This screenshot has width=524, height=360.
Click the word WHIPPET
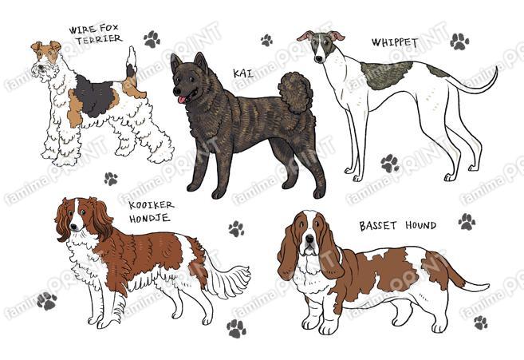click(x=395, y=42)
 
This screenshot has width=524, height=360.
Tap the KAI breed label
click(x=243, y=73)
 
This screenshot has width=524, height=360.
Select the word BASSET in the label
click(x=378, y=226)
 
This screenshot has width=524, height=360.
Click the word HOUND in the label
click(x=421, y=225)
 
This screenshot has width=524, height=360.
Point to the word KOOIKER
click(x=151, y=205)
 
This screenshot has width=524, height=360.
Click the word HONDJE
click(x=150, y=219)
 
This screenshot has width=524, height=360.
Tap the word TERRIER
click(x=99, y=39)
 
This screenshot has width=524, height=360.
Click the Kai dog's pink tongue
click(x=182, y=99)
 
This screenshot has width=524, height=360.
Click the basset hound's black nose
click(x=309, y=239)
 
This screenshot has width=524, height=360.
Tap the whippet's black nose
click(x=318, y=59)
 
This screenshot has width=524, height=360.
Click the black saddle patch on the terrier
click(x=95, y=95)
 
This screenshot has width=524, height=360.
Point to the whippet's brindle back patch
click(x=387, y=75)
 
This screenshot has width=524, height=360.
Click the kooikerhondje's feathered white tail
click(x=229, y=279)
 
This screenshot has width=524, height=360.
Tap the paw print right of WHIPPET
click(x=459, y=42)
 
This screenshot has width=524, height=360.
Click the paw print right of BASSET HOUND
click(x=467, y=221)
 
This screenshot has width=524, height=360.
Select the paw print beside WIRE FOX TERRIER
click(x=152, y=39)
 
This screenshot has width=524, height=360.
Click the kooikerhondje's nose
click(x=73, y=227)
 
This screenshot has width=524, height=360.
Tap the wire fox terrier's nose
click(x=40, y=67)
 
